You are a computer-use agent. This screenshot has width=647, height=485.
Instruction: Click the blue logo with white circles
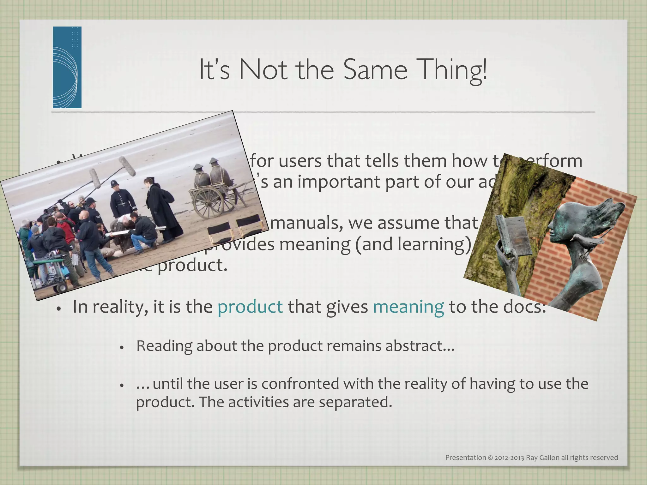click(x=67, y=67)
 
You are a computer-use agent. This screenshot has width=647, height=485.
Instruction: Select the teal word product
click(x=250, y=307)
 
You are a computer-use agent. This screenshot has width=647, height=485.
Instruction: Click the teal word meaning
click(x=408, y=307)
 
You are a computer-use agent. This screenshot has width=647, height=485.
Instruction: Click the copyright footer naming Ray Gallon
click(x=531, y=458)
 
